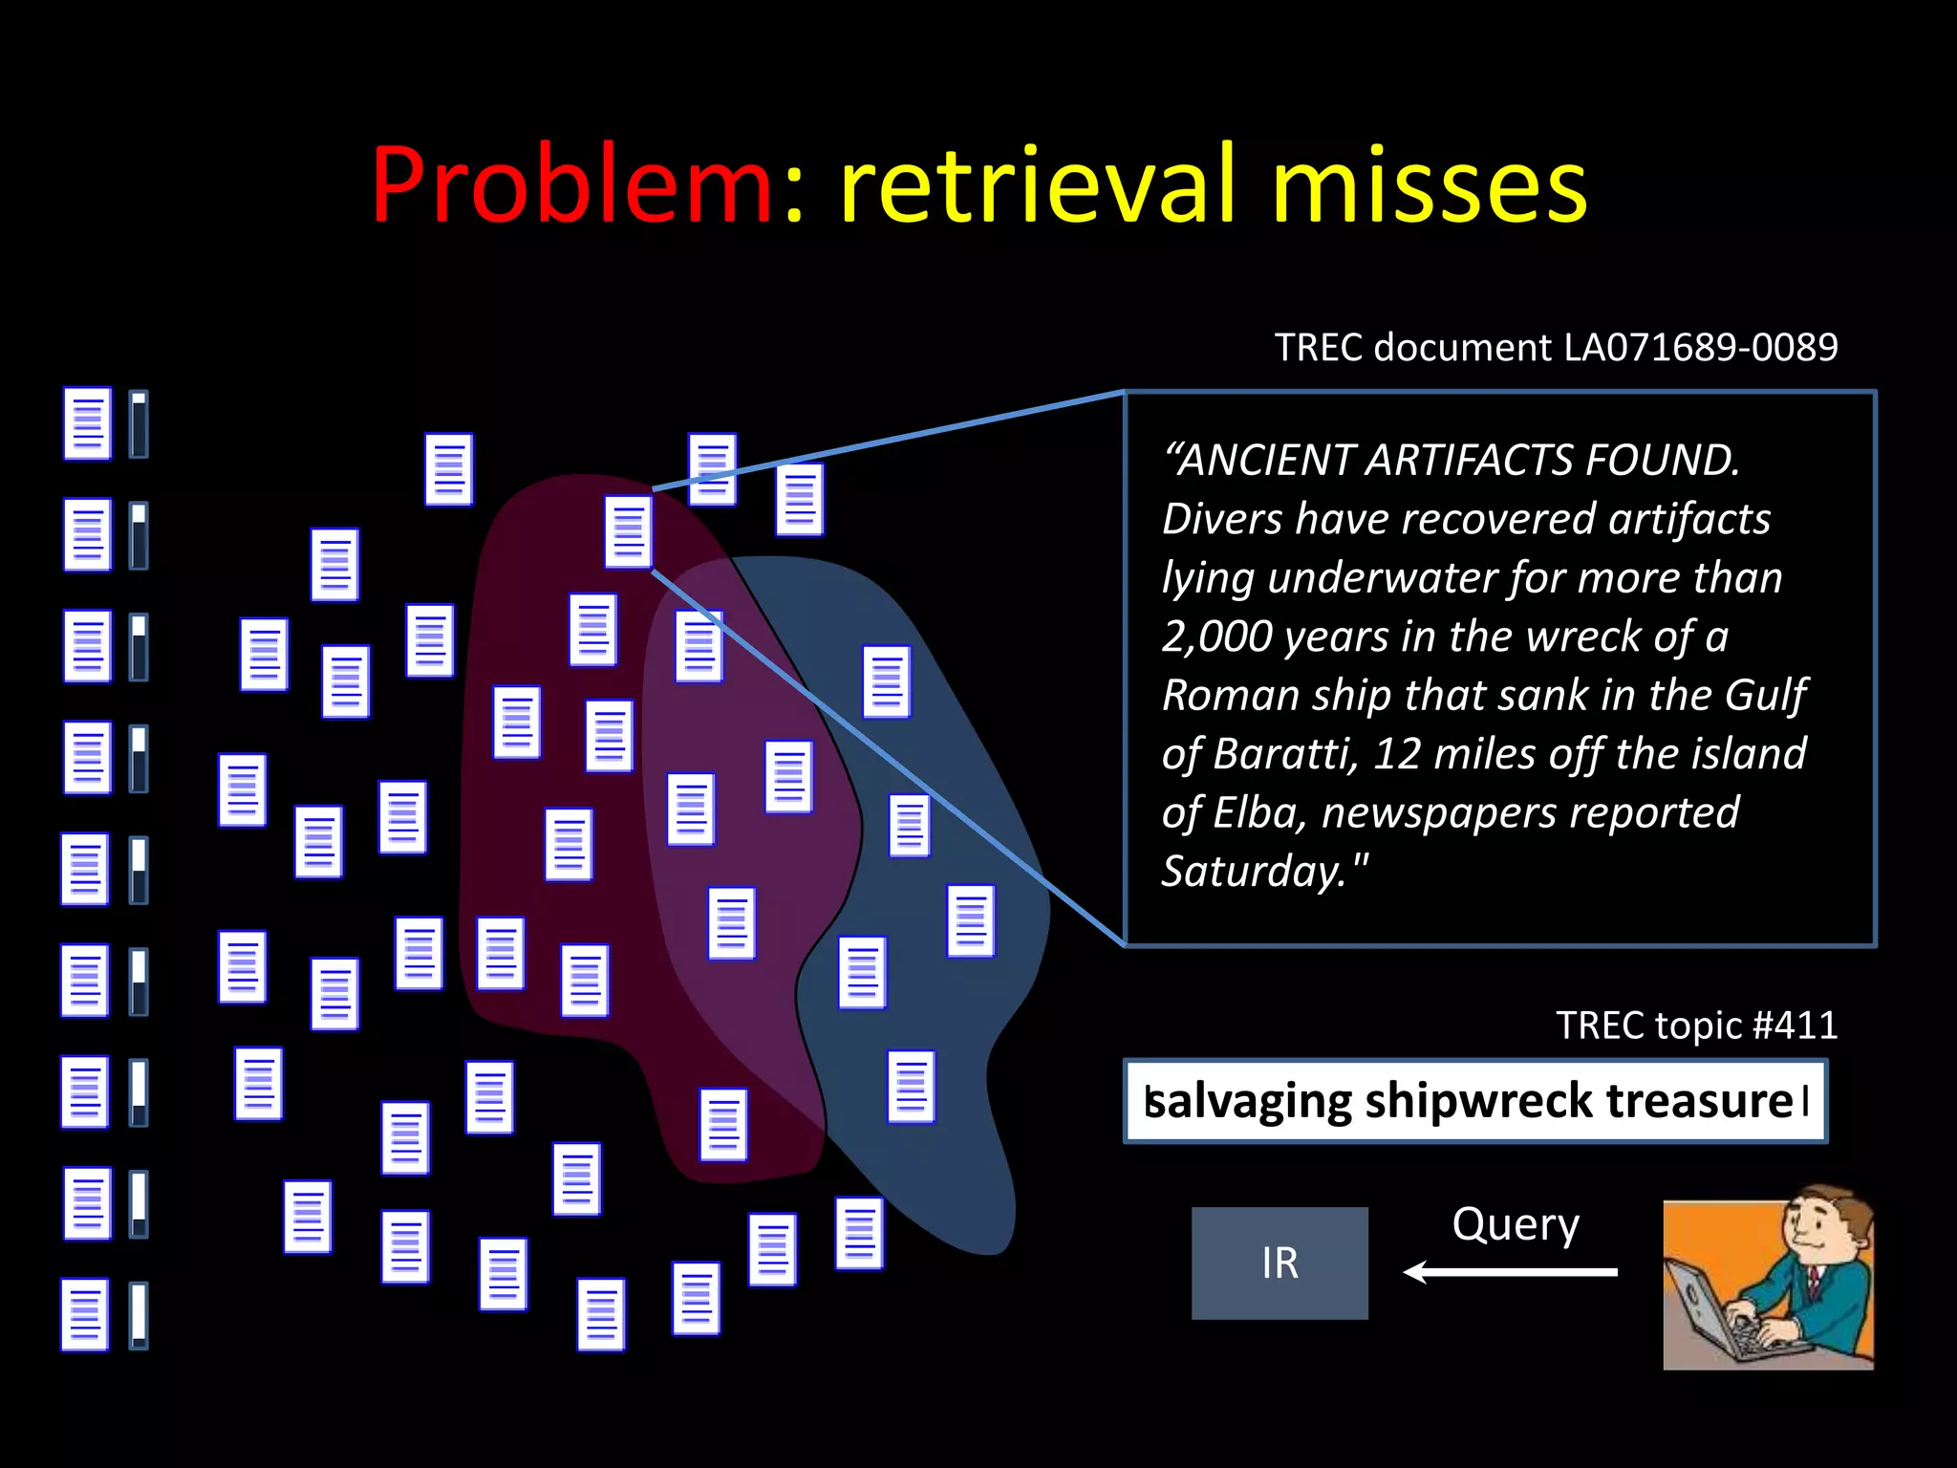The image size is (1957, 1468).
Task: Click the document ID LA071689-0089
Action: [x=1700, y=347]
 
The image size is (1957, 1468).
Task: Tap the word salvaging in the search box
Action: [x=1248, y=1101]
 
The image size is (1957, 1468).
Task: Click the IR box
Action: [x=1280, y=1263]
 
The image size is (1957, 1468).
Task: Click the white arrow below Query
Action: [x=1510, y=1272]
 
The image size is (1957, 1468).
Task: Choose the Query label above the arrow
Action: [x=1516, y=1224]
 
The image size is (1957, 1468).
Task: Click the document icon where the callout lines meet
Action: [x=628, y=531]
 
